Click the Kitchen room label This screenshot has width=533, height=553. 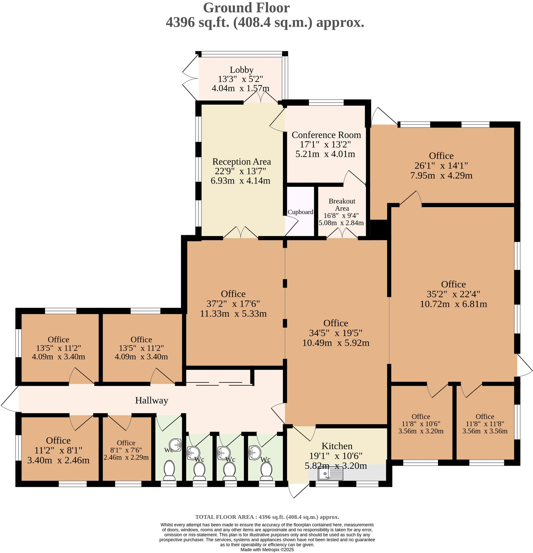[x=337, y=446]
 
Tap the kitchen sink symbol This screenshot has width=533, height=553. [x=330, y=474]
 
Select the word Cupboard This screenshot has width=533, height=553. [x=300, y=212]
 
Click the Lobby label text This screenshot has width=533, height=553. [x=241, y=70]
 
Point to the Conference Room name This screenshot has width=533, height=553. [x=326, y=135]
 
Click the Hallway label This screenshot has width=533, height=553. [x=151, y=400]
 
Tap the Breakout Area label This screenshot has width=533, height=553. [x=342, y=205]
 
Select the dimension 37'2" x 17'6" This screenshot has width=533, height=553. [x=233, y=303]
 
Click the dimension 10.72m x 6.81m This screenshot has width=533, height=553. [x=453, y=304]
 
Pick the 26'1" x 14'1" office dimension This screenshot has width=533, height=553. [x=441, y=165]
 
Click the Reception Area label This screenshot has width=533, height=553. [x=241, y=162]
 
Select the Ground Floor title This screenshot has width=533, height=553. [x=246, y=8]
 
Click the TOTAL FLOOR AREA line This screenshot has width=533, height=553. [x=267, y=517]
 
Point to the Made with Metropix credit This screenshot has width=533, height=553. [x=267, y=549]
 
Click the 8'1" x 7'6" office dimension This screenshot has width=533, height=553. [x=126, y=450]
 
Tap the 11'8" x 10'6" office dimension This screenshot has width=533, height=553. [x=421, y=424]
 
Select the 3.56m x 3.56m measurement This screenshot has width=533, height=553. [x=485, y=431]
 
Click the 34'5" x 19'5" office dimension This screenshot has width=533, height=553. [x=336, y=333]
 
